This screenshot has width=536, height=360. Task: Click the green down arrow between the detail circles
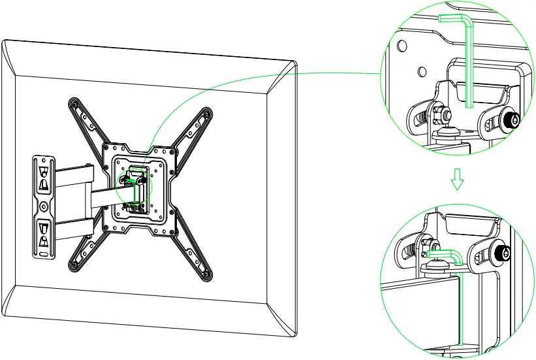[x=458, y=180]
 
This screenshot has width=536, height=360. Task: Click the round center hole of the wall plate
[x=43, y=206]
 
